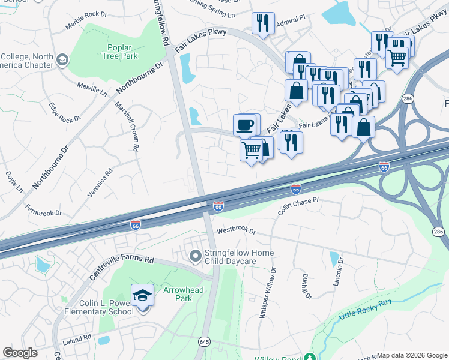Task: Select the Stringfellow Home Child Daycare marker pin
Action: pyautogui.click(x=195, y=257)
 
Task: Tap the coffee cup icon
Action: pyautogui.click(x=244, y=125)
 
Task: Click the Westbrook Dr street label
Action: pyautogui.click(x=236, y=230)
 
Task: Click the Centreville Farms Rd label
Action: pyautogui.click(x=122, y=269)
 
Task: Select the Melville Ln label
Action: pyautogui.click(x=92, y=90)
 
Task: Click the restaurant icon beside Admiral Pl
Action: pyautogui.click(x=263, y=23)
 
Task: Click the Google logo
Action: pyautogui.click(x=20, y=353)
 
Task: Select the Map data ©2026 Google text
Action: pyautogui.click(x=411, y=355)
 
